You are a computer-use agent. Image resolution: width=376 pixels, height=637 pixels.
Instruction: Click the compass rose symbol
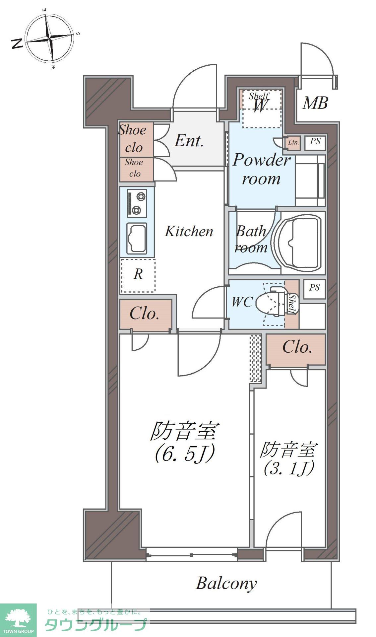click(49, 39)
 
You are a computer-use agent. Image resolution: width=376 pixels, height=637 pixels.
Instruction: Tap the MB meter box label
click(315, 103)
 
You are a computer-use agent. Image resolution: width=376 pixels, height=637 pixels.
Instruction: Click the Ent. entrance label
click(189, 141)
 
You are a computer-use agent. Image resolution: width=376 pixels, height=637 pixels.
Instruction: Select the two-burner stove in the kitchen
click(137, 203)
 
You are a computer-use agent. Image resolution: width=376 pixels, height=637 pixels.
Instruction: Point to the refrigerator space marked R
click(138, 274)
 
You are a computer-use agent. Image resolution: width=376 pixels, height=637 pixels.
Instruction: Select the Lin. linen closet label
click(293, 143)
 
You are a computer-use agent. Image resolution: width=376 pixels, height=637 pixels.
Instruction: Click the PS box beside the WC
click(314, 287)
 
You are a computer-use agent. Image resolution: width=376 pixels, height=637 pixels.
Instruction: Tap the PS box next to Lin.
click(315, 142)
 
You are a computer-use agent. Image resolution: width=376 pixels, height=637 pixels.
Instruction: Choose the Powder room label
click(261, 169)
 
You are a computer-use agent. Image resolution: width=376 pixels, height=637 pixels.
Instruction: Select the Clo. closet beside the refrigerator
click(145, 314)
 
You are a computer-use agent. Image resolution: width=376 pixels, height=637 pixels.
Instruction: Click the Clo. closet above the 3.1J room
click(297, 347)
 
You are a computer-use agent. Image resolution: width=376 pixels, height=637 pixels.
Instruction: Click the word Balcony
click(226, 583)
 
